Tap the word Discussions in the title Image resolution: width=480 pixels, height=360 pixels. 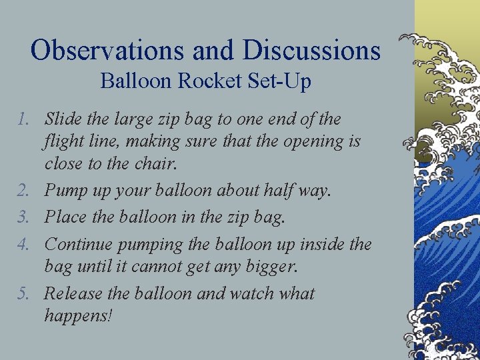[312, 51]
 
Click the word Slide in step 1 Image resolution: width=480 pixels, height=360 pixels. [61, 120]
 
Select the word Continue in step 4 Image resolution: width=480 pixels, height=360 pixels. [77, 245]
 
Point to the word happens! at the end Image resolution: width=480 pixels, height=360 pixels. [78, 315]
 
